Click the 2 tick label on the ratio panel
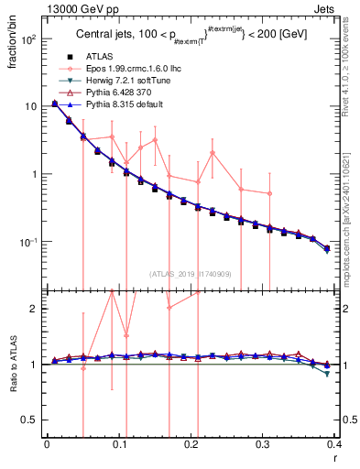click(37, 309)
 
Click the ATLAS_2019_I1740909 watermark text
click(190, 274)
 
